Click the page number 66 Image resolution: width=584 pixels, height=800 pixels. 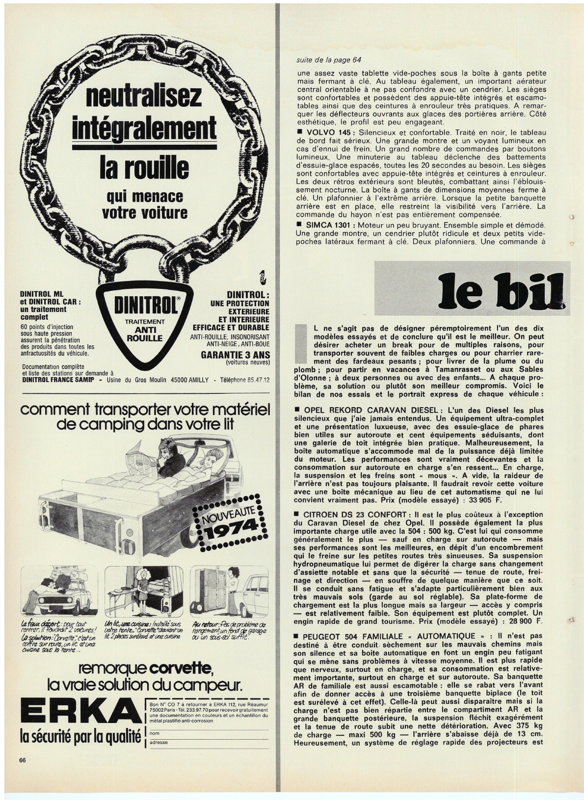pyautogui.click(x=22, y=774)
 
